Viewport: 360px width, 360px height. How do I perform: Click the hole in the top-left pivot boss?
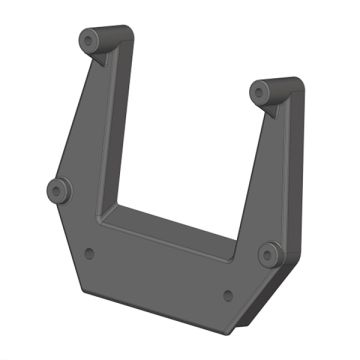click(90, 41)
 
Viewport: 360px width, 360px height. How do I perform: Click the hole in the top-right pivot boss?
click(261, 91)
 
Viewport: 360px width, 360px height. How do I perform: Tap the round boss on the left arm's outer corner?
click(58, 188)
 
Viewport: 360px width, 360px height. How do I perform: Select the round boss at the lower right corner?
click(268, 254)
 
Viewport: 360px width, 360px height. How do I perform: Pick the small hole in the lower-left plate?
click(90, 252)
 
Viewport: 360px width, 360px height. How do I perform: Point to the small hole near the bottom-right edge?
click(228, 295)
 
